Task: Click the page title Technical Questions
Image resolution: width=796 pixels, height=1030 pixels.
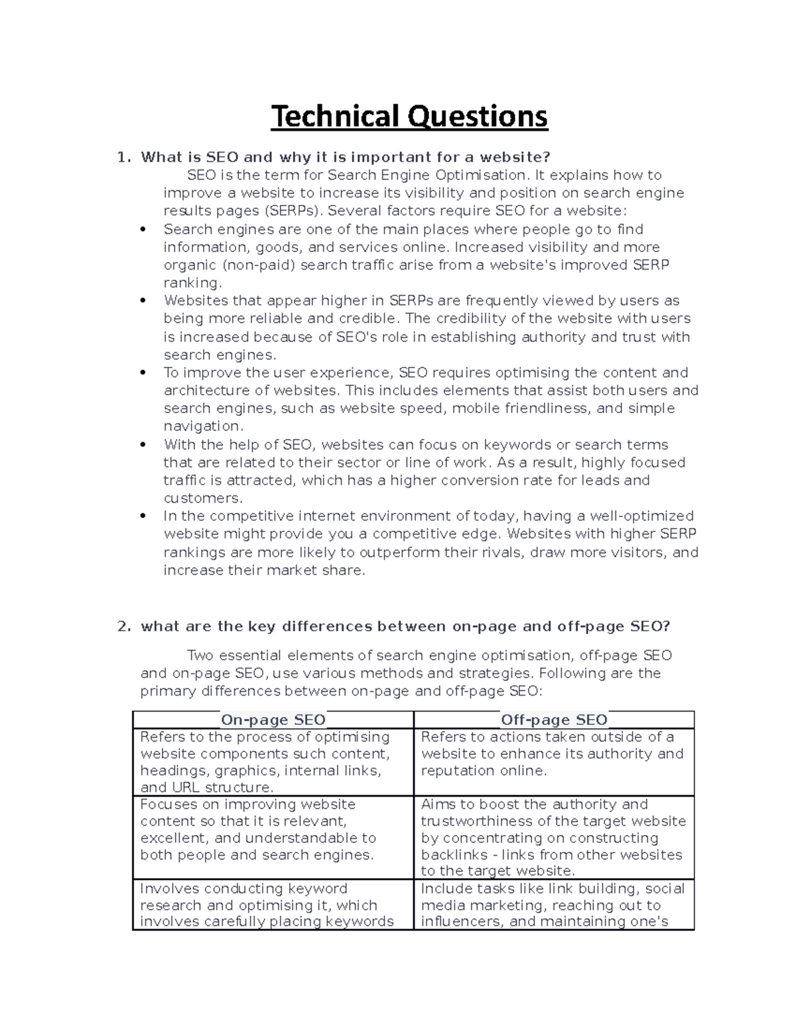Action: click(409, 117)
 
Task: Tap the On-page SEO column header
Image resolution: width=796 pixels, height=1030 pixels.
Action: click(273, 720)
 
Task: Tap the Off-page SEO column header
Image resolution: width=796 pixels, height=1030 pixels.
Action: click(554, 720)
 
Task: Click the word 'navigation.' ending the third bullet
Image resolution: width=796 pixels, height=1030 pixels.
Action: click(202, 426)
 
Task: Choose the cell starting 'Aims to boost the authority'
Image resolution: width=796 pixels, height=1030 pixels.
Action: click(554, 837)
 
